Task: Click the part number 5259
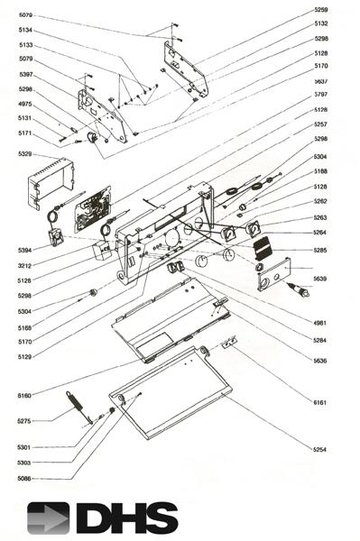(320, 9)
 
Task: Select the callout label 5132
(320, 23)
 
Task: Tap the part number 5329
(25, 155)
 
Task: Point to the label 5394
(25, 249)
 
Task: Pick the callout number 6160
(25, 395)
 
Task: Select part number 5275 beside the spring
(25, 421)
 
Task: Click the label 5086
(25, 478)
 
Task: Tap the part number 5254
(320, 449)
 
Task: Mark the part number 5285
(320, 250)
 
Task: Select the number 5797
(320, 95)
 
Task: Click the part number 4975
(25, 104)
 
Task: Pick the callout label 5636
(320, 361)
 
